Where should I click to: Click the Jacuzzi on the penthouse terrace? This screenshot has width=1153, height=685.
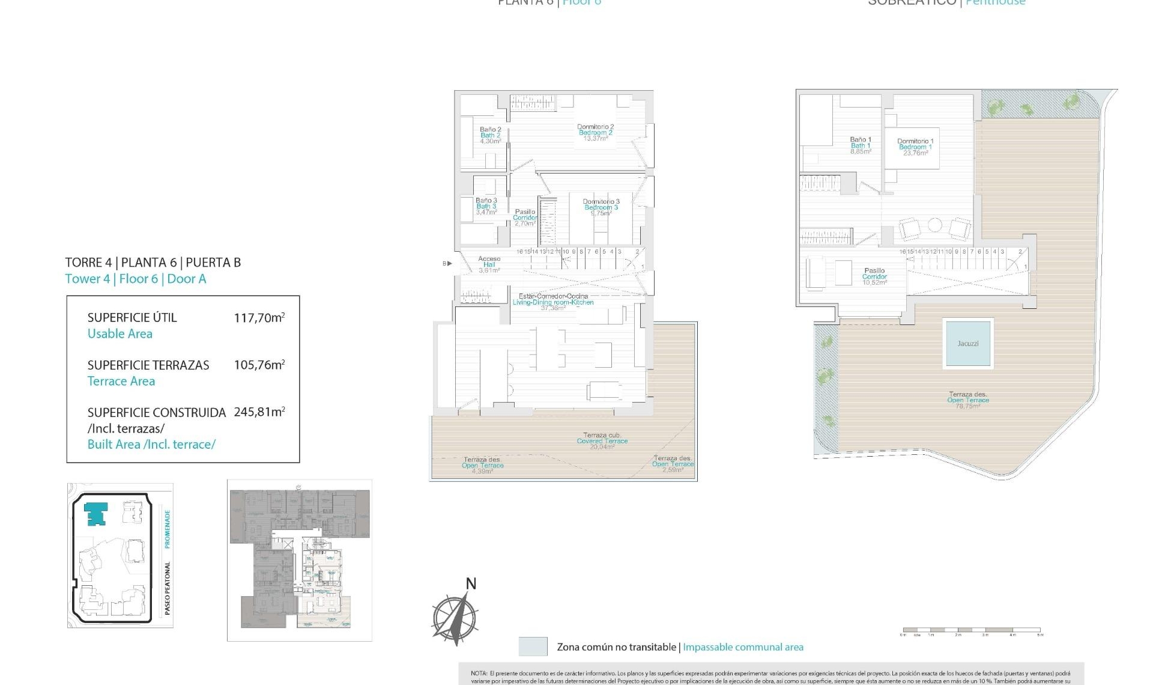pos(967,343)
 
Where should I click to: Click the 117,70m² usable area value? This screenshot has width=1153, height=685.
pos(259,318)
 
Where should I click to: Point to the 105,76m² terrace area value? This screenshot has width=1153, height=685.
pos(259,365)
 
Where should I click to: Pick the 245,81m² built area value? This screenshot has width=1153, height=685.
pos(259,412)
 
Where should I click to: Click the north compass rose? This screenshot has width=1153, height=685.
pos(455,617)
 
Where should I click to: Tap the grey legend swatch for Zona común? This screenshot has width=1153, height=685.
pos(533,647)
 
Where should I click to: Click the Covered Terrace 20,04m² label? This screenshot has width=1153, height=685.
pos(602,441)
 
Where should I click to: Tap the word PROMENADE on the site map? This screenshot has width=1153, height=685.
pos(168,529)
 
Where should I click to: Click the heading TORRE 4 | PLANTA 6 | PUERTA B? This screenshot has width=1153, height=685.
pos(153,263)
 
